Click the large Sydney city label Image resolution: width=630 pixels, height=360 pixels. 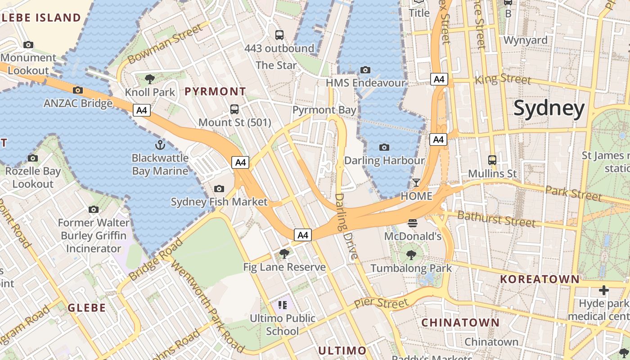click(x=549, y=109)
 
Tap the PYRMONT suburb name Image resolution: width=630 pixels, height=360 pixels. click(x=215, y=92)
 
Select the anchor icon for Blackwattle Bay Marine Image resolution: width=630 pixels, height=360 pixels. click(x=160, y=145)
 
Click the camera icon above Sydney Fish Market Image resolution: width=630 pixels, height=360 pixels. click(x=219, y=189)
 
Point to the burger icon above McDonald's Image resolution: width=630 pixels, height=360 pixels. click(x=413, y=223)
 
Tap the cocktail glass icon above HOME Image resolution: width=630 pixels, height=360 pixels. click(x=416, y=183)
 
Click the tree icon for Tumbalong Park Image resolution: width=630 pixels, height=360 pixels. click(x=411, y=255)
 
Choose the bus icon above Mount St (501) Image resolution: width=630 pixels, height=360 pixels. click(x=234, y=109)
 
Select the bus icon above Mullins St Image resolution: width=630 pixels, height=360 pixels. click(x=492, y=160)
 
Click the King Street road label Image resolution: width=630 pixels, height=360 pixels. click(x=503, y=79)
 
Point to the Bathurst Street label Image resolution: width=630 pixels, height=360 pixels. click(x=496, y=219)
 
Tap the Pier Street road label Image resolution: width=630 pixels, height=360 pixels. click(x=381, y=303)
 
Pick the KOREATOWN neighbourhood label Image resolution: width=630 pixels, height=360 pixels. click(x=540, y=279)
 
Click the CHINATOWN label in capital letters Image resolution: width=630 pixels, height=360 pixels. click(x=460, y=323)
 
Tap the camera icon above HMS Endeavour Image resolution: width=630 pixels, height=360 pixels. click(x=365, y=70)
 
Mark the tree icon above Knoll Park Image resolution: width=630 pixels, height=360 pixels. click(x=150, y=79)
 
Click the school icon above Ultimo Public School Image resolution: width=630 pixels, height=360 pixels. click(x=282, y=305)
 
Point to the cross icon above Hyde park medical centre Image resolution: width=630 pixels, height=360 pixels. click(x=603, y=290)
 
